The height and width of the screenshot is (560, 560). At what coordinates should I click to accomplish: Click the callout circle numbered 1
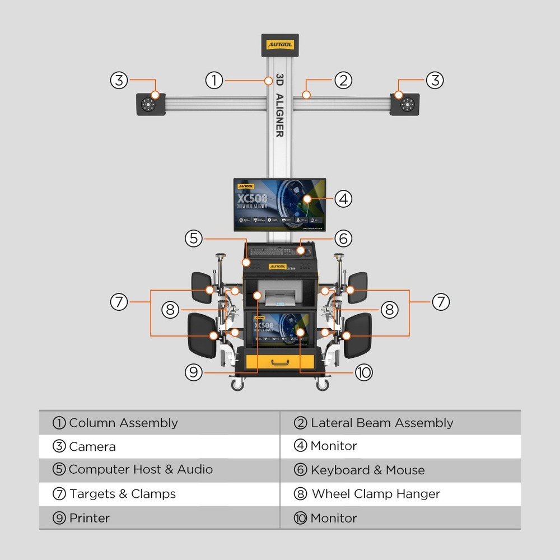pyautogui.click(x=214, y=80)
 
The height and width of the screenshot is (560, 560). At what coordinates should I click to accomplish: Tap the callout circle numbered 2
pyautogui.click(x=343, y=80)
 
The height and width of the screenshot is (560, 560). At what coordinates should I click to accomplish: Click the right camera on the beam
pyautogui.click(x=405, y=104)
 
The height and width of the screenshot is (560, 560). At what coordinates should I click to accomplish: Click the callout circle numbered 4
pyautogui.click(x=343, y=198)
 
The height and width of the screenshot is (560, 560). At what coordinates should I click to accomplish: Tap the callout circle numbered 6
pyautogui.click(x=343, y=238)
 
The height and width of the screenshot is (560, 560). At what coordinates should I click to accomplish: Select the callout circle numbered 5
pyautogui.click(x=194, y=238)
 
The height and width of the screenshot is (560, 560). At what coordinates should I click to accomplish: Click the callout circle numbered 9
pyautogui.click(x=194, y=372)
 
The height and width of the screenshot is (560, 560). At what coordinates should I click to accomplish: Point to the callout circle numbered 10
pyautogui.click(x=363, y=372)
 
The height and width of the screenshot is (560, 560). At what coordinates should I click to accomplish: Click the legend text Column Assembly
pyautogui.click(x=123, y=423)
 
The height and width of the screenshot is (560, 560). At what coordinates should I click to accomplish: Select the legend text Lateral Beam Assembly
pyautogui.click(x=382, y=423)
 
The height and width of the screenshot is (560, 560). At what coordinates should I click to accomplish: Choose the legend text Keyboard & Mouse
pyautogui.click(x=367, y=470)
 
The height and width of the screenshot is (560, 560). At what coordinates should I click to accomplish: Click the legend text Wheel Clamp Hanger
pyautogui.click(x=376, y=494)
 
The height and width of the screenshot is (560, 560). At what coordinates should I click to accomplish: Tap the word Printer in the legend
pyautogui.click(x=90, y=518)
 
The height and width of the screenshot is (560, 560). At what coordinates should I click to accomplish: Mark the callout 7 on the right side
pyautogui.click(x=441, y=302)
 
